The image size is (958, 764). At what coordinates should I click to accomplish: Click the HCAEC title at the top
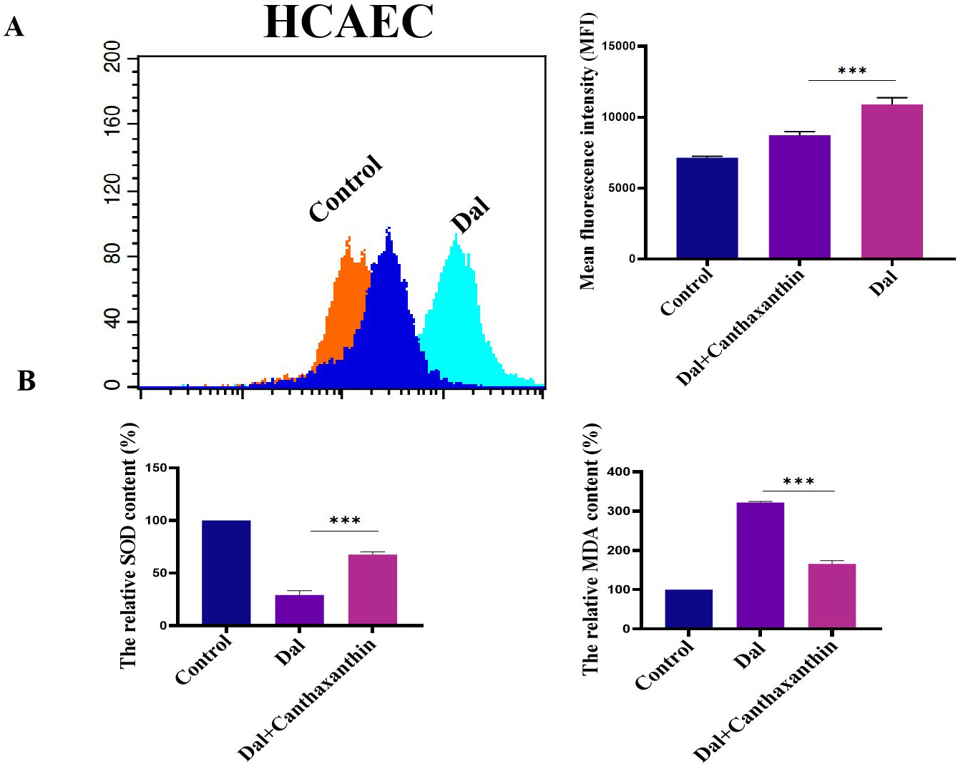[x=348, y=21]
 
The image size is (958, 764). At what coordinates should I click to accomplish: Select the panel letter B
[x=26, y=381]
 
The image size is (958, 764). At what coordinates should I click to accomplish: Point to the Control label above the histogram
[x=346, y=188]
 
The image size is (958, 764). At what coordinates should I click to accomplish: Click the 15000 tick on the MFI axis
[x=620, y=46]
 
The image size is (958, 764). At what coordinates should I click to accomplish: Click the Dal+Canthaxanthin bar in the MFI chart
[x=799, y=196]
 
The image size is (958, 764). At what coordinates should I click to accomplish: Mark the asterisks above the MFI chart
[x=852, y=72]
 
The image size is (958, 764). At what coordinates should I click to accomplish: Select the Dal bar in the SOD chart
[x=299, y=609]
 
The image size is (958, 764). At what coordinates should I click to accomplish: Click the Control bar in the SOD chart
[x=226, y=572]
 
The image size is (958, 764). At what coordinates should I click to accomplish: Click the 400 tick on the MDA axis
[x=619, y=472]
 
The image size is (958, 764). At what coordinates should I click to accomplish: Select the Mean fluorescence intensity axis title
[x=587, y=151]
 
